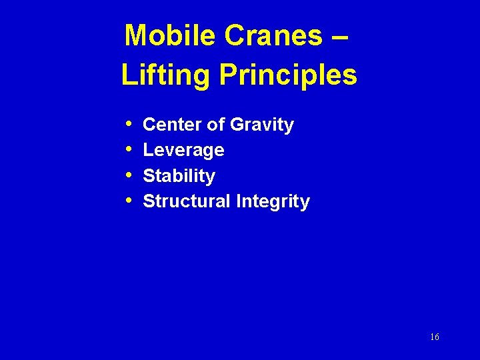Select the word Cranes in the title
click(x=273, y=35)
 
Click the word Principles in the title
click(x=288, y=75)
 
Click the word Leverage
click(x=183, y=151)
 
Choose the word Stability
click(x=179, y=176)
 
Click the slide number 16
click(x=435, y=337)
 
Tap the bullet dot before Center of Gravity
click(x=128, y=125)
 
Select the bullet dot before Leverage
click(x=128, y=150)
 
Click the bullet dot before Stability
click(x=128, y=175)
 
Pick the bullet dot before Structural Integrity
click(x=128, y=201)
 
